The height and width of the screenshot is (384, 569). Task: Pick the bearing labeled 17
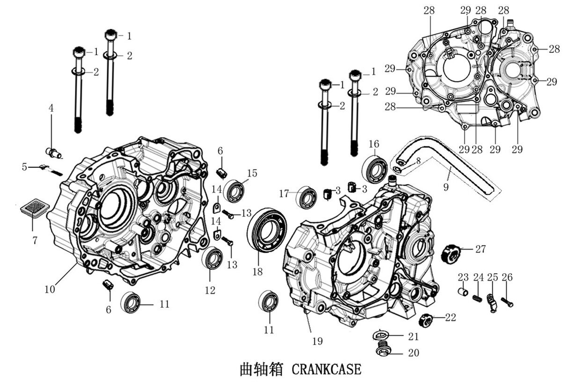(x=307, y=197)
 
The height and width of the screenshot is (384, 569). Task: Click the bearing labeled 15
(x=235, y=191)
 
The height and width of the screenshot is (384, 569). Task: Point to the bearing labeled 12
(x=212, y=258)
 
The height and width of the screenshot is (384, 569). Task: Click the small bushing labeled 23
(x=463, y=292)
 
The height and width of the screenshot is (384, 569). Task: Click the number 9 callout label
(x=446, y=187)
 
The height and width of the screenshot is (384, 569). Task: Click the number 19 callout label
(x=317, y=341)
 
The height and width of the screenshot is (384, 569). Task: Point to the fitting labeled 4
(x=54, y=152)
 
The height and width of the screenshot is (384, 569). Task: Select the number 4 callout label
(x=51, y=108)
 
